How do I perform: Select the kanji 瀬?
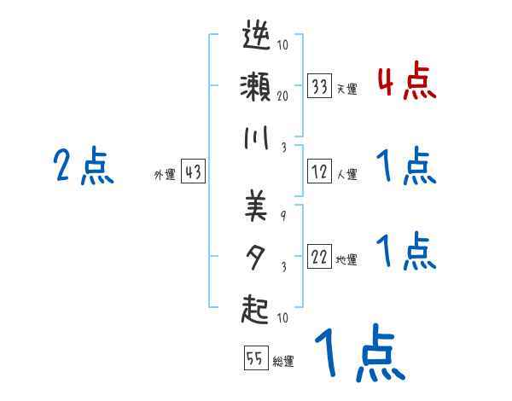[257, 87]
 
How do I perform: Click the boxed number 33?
[320, 86]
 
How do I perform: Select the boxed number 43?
[193, 171]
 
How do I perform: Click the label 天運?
[346, 89]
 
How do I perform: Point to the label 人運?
[346, 174]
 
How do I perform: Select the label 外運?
[165, 174]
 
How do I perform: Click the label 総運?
[283, 361]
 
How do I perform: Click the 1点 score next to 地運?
[406, 251]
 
